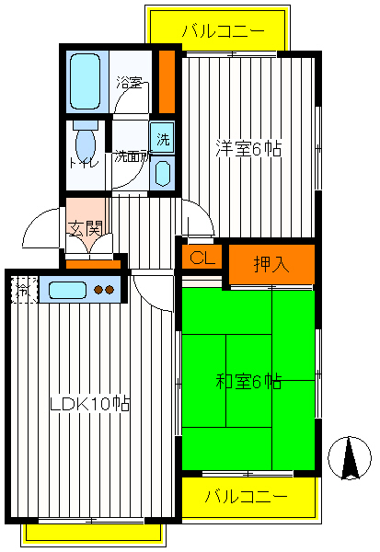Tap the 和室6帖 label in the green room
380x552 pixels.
pyautogui.click(x=248, y=382)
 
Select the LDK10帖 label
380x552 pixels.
pyautogui.click(x=89, y=403)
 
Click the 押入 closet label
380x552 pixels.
pyautogui.click(x=271, y=264)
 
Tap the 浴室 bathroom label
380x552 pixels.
pyautogui.click(x=129, y=83)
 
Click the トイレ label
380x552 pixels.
pyautogui.click(x=78, y=164)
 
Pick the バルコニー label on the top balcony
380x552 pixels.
pyautogui.click(x=223, y=30)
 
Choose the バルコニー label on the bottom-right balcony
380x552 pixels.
pyautogui.click(x=245, y=497)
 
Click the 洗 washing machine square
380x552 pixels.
pyautogui.click(x=162, y=140)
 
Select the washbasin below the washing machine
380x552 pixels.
pyautogui.click(x=162, y=173)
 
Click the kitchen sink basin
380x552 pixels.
pyautogui.click(x=65, y=291)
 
